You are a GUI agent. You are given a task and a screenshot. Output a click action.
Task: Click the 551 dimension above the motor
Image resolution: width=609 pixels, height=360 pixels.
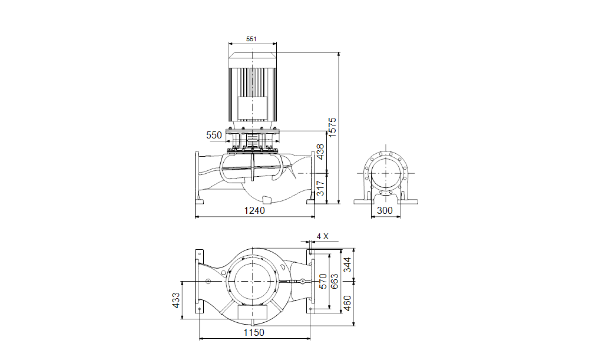(251, 39)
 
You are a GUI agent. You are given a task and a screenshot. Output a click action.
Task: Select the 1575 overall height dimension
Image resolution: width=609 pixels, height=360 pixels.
(332, 126)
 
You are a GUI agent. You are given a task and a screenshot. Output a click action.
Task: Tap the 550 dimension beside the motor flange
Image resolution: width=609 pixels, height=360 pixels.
(214, 135)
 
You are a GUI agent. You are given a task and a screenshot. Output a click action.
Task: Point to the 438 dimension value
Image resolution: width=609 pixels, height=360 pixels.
(320, 152)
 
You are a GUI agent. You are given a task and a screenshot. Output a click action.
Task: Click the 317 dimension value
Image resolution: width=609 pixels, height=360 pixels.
(320, 188)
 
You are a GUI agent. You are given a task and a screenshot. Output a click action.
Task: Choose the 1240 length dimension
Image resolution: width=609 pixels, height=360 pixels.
(254, 210)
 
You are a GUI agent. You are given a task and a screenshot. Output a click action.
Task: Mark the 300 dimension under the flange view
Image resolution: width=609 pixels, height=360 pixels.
(385, 210)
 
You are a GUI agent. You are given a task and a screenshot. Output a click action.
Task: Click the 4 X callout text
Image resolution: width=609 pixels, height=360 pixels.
(322, 236)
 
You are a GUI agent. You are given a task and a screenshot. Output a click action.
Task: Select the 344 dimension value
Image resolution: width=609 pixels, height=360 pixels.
(347, 265)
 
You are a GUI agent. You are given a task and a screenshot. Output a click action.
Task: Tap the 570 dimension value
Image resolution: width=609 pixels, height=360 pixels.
(323, 281)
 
